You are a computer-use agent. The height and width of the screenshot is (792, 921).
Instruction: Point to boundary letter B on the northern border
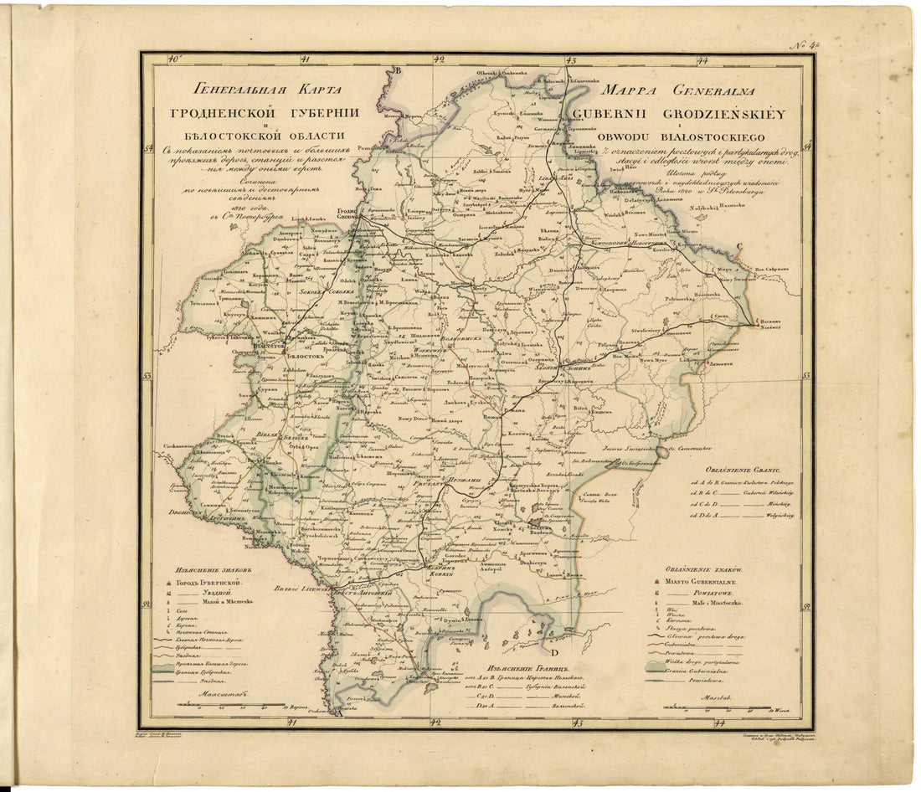click(399, 72)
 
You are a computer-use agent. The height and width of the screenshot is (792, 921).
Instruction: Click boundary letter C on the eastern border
click(739, 245)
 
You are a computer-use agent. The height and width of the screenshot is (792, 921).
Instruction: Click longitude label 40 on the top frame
click(173, 59)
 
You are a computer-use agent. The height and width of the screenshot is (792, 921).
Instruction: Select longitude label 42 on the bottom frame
click(435, 722)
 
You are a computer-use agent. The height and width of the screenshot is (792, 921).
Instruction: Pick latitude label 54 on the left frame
click(148, 149)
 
